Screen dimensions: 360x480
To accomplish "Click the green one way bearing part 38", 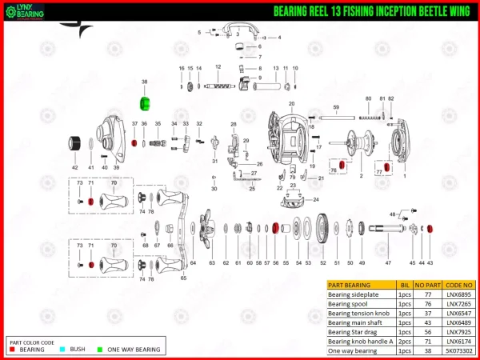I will tap(145, 104).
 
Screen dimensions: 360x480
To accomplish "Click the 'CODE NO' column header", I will tap(458, 285).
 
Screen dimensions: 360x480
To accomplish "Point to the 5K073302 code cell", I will tap(458, 350).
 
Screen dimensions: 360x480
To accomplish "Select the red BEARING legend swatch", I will tap(13, 350).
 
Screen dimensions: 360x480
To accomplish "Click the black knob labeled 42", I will tap(75, 143).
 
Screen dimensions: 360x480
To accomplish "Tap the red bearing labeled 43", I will tap(430, 229).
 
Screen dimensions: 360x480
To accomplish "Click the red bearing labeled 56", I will tap(276, 229).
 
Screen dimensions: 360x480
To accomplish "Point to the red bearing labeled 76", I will tap(341, 165).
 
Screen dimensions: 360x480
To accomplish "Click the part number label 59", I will tap(336, 107).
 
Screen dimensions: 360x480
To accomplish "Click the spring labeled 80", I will tap(368, 114).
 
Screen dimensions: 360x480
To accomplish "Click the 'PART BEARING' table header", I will tap(349, 285).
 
